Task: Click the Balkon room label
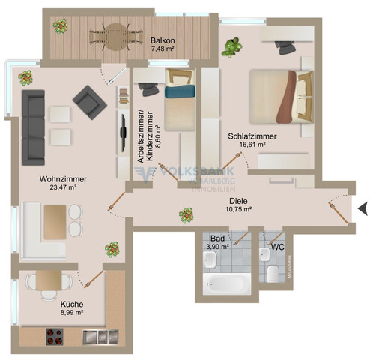pyautogui.click(x=163, y=40)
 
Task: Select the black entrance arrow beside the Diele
pyautogui.click(x=362, y=208)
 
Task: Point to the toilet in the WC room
pyautogui.click(x=275, y=271)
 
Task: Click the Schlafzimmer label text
pyautogui.click(x=252, y=136)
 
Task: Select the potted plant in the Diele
pyautogui.click(x=184, y=215)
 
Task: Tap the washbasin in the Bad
pyautogui.click(x=211, y=259)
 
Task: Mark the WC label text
pyautogui.click(x=277, y=247)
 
